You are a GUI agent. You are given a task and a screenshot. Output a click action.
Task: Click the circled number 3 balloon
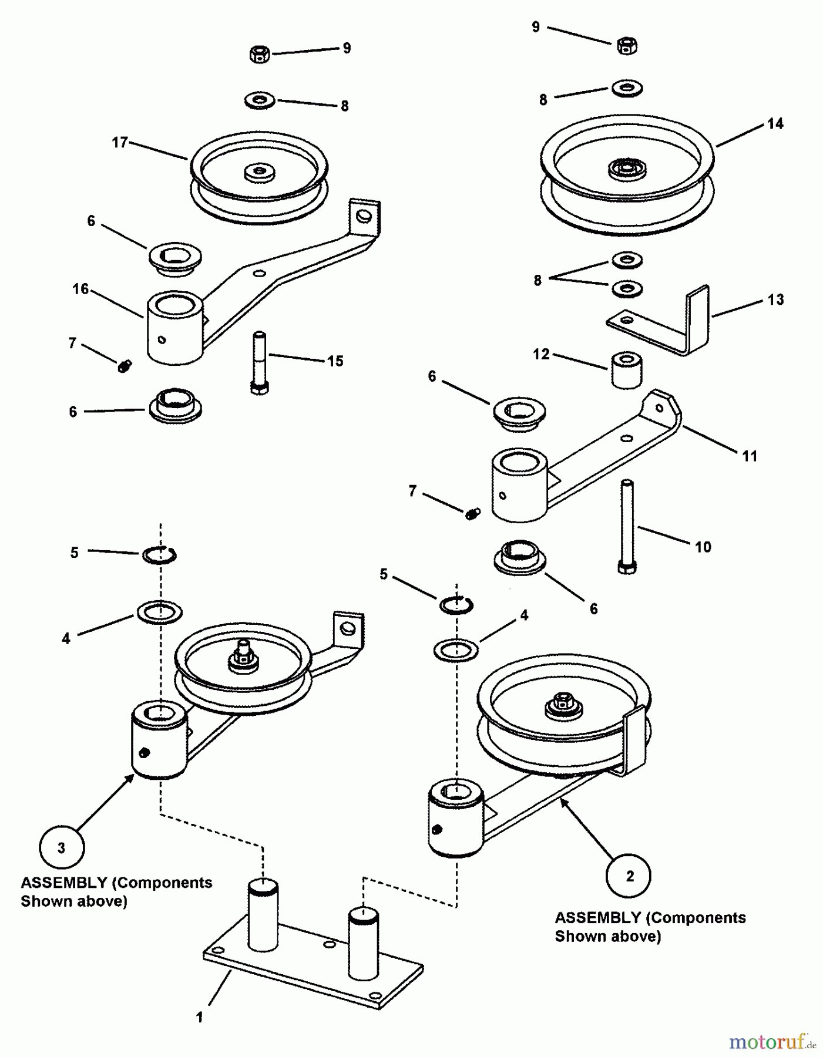point(62,848)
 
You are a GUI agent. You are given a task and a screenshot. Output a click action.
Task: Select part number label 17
point(120,143)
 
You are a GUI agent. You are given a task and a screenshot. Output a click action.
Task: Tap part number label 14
point(775,123)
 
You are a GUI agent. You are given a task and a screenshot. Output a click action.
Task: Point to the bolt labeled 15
point(260,363)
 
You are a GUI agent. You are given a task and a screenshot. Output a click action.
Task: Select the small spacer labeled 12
point(626,370)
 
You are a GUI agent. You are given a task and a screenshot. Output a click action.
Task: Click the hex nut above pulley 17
point(259,55)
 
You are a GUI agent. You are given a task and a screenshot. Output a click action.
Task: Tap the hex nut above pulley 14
point(627,45)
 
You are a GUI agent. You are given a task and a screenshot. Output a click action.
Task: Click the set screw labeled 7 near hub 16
point(125,367)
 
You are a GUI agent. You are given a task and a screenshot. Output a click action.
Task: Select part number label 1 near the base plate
point(200,1017)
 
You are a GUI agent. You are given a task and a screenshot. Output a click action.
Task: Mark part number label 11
point(750,456)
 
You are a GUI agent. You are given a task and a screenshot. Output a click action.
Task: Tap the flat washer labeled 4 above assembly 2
point(455,650)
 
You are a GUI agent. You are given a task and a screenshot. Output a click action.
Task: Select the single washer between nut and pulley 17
point(260,99)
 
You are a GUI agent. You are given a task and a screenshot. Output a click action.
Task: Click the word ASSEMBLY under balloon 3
point(63,883)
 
